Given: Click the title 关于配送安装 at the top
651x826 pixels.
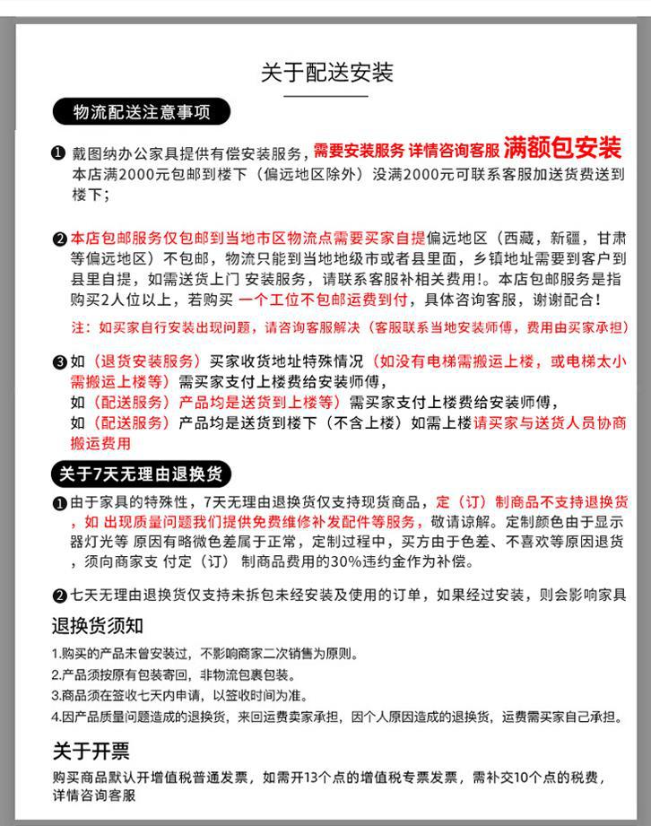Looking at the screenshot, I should (x=326, y=72).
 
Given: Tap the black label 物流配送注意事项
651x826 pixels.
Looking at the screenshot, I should (x=142, y=112).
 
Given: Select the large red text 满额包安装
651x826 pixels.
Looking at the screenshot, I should (x=562, y=146).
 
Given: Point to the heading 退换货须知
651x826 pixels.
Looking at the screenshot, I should (x=98, y=624).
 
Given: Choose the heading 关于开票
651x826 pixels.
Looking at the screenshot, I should (x=91, y=751).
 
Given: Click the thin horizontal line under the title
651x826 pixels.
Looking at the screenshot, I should (x=326, y=95).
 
